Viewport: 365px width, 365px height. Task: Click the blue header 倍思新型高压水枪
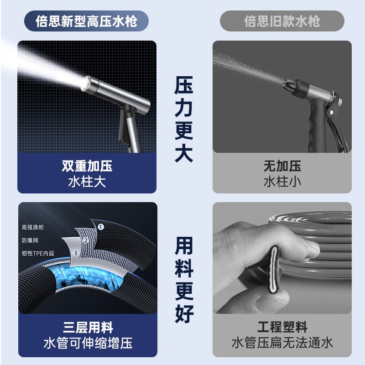(x=86, y=21)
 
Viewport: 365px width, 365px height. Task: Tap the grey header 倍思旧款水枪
(x=282, y=21)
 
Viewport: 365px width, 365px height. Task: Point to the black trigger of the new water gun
(x=123, y=126)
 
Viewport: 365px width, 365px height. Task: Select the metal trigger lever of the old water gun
(x=336, y=126)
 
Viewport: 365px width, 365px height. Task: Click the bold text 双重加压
(x=87, y=166)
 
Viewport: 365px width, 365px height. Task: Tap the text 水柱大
(x=87, y=182)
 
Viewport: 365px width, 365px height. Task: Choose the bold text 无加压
(x=282, y=166)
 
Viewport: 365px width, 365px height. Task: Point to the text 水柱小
(x=282, y=182)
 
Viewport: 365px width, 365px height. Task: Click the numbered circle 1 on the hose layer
(x=100, y=227)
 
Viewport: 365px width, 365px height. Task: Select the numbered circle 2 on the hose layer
(x=86, y=240)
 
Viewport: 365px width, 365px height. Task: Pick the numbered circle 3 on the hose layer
(x=76, y=253)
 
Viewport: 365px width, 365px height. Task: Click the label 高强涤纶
(x=32, y=227)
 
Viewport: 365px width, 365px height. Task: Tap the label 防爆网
(x=30, y=240)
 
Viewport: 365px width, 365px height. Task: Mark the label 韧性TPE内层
(x=38, y=253)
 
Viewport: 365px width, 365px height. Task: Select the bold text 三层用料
(x=88, y=328)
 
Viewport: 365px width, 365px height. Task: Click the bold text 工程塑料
(x=282, y=327)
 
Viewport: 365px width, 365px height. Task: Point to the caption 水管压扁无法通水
(x=282, y=343)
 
